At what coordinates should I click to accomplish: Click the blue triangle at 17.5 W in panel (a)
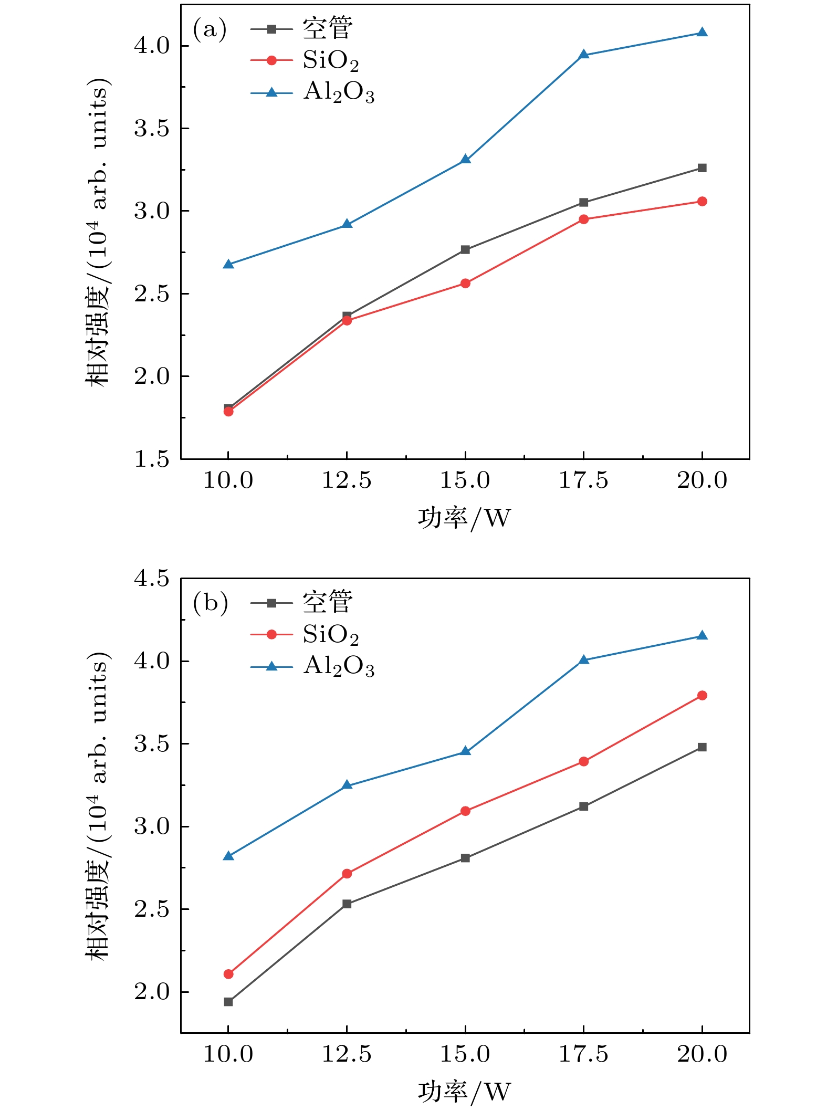583,55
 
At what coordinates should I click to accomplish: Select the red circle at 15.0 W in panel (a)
465,284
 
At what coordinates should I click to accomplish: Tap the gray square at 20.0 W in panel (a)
702,168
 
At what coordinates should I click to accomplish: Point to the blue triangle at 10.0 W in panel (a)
228,264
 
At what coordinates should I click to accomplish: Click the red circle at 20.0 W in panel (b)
702,696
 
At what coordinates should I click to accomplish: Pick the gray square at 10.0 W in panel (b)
228,1002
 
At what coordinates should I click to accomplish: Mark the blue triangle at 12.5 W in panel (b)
347,785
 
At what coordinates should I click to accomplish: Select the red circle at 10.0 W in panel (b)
228,974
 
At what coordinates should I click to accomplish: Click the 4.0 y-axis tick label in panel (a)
152,46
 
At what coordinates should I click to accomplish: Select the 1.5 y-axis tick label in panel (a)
152,459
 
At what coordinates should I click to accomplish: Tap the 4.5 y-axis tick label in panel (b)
152,579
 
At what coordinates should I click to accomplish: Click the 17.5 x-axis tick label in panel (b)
583,1054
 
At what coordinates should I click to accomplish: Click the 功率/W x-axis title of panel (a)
464,518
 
